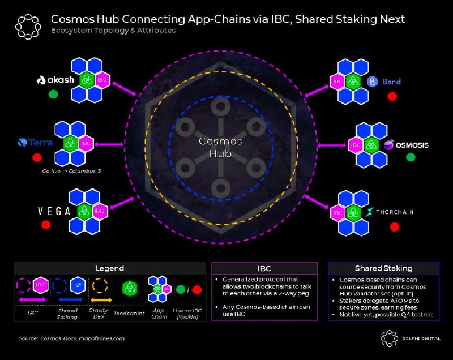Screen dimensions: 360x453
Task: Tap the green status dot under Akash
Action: pyautogui.click(x=53, y=94)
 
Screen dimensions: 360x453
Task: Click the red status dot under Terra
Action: pyautogui.click(x=37, y=157)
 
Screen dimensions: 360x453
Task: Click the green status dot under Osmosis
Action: pyautogui.click(x=411, y=156)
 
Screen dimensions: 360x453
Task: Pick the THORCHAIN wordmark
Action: pyautogui.click(x=395, y=212)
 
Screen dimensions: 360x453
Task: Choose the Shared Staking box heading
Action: pyautogui.click(x=383, y=268)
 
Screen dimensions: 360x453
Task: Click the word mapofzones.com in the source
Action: pyautogui.click(x=102, y=338)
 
